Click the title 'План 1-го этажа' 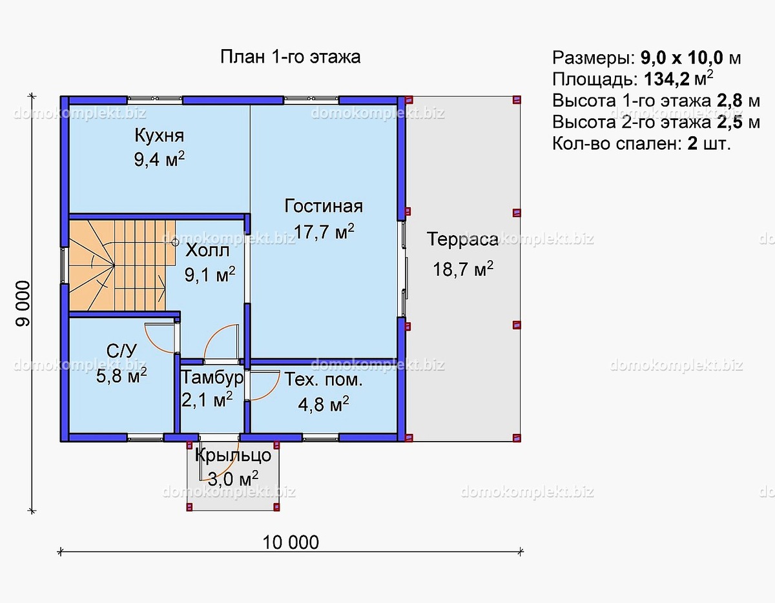click(x=290, y=57)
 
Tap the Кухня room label click(x=159, y=136)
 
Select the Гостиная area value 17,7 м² click(x=324, y=232)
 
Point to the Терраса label click(x=462, y=240)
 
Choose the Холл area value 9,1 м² click(x=210, y=276)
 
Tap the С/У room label click(x=121, y=351)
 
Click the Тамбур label click(x=212, y=377)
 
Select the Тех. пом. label click(x=324, y=380)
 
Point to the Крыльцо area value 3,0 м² click(x=232, y=478)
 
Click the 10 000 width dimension click(x=291, y=542)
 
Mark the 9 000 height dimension click(x=23, y=304)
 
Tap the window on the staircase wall click(x=64, y=265)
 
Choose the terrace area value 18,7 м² click(x=463, y=269)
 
